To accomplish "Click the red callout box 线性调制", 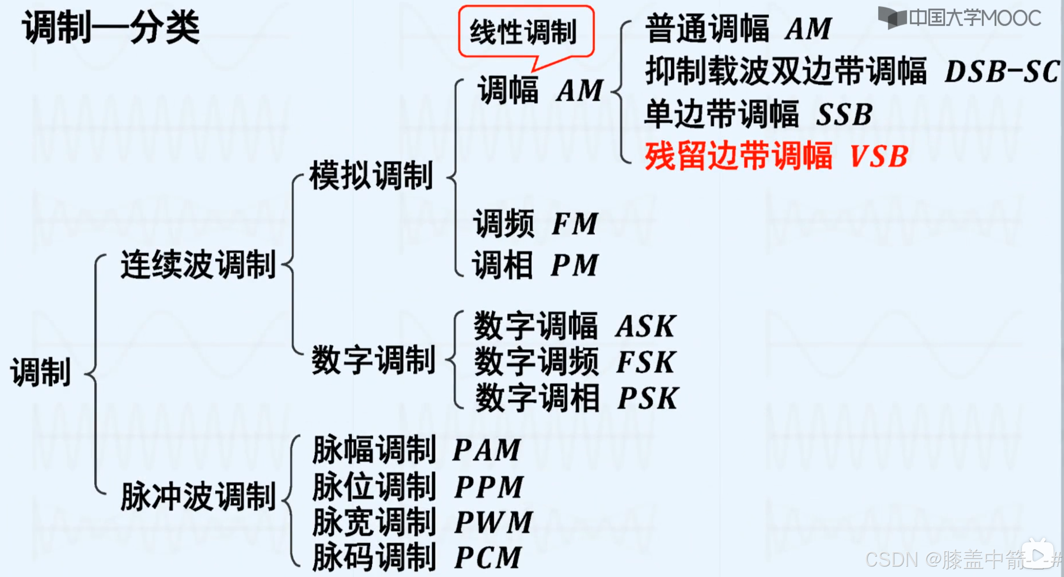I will (x=526, y=32).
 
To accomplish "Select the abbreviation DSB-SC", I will (x=1001, y=71).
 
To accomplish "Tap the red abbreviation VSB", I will (x=879, y=156).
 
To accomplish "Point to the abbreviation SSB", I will (x=844, y=115).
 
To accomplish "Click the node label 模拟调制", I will (x=371, y=176).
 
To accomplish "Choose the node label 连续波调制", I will (x=198, y=265).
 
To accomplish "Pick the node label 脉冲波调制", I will (x=198, y=497).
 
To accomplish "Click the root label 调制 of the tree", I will (x=40, y=372).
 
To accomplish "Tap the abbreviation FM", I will (x=575, y=224).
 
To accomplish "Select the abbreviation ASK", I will (x=646, y=326).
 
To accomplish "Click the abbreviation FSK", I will (x=646, y=362).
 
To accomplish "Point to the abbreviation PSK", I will (x=648, y=398).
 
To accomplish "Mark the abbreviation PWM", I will (x=493, y=522).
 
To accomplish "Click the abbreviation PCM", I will (x=488, y=558).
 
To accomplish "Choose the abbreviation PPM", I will (x=489, y=487).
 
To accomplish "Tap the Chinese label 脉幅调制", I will (x=374, y=450).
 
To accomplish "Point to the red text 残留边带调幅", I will (x=738, y=156).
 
